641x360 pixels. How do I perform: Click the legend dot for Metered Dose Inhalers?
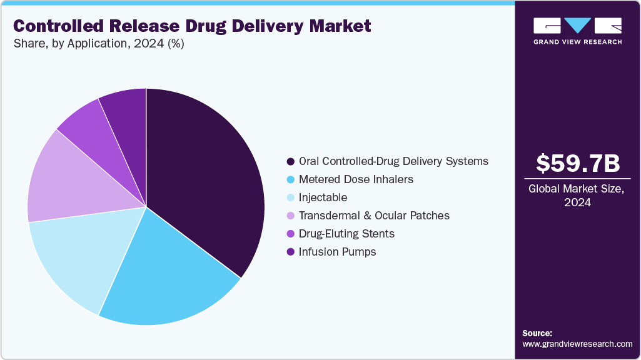290,179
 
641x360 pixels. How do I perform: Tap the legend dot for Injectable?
290,197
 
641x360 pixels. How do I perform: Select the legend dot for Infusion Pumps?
290,252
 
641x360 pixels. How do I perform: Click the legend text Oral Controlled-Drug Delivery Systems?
393,161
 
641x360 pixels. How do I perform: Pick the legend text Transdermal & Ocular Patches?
374,216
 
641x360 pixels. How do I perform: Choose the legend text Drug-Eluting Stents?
346,234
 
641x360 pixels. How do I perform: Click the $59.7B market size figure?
578,164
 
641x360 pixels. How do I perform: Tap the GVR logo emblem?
577,26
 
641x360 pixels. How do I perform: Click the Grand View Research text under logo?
577,42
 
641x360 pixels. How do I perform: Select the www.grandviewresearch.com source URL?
577,344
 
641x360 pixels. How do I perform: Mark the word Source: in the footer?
537,333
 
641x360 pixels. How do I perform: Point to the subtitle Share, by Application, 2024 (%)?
98,44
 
